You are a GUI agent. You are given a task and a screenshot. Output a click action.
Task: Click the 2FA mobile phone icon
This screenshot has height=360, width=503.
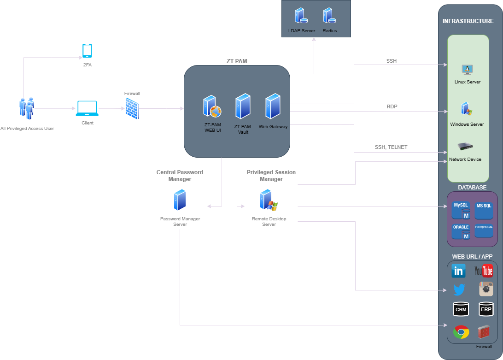click(x=87, y=51)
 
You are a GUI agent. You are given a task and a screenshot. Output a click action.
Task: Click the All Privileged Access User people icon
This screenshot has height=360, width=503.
click(x=26, y=109)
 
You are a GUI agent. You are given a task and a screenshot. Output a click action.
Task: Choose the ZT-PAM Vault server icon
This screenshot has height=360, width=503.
click(x=243, y=106)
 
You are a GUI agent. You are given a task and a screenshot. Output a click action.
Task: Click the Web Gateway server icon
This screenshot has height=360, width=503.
click(x=273, y=106)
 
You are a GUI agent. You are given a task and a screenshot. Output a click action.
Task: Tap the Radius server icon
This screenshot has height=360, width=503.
click(x=329, y=15)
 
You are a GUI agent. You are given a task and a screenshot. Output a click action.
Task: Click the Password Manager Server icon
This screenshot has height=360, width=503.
click(x=180, y=200)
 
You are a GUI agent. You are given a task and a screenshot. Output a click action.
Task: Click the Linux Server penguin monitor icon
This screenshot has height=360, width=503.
click(x=468, y=70)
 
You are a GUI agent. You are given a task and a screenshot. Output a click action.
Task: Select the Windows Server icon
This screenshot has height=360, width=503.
click(x=467, y=109)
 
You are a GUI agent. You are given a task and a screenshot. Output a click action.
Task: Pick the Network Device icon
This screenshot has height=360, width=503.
click(x=465, y=147)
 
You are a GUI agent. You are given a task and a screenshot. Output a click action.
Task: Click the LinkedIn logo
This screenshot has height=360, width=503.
click(x=458, y=271)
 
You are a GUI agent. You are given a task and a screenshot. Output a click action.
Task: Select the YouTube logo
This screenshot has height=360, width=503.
click(x=484, y=271)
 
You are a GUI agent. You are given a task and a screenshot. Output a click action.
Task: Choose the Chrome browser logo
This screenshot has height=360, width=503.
click(x=461, y=332)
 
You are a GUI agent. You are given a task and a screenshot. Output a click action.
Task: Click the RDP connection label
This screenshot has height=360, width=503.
click(x=392, y=106)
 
